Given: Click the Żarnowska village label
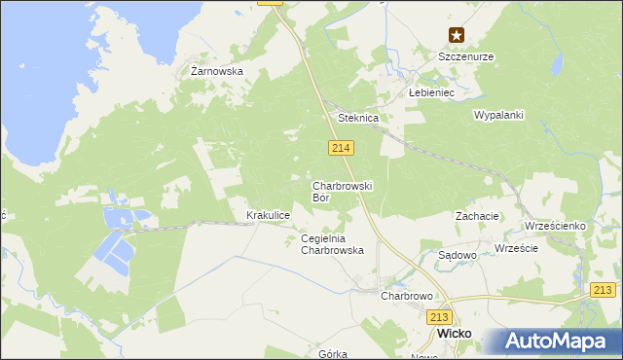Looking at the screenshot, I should coord(216,71).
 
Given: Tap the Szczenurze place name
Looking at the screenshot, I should coord(465,56).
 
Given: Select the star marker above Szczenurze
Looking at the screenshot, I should coord(457,36).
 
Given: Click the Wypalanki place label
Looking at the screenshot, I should coord(498,115).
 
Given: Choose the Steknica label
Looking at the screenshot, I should coord(357,118).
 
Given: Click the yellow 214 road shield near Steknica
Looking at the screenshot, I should coord(340,147).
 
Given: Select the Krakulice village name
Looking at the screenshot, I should coord(269,215).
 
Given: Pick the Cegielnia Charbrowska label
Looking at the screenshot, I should coord(332,244).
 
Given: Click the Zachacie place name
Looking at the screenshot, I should coord(477,216).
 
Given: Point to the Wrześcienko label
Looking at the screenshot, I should coord(555,226).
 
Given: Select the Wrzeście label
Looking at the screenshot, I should coord(516,248).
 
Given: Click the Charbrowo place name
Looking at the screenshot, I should coord(406,295).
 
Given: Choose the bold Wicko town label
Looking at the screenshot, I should coord(455,333).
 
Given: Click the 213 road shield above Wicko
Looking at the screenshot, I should coord(440,316).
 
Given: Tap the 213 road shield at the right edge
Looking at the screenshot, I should coord(605,290).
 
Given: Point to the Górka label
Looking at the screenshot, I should coord(333,354).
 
